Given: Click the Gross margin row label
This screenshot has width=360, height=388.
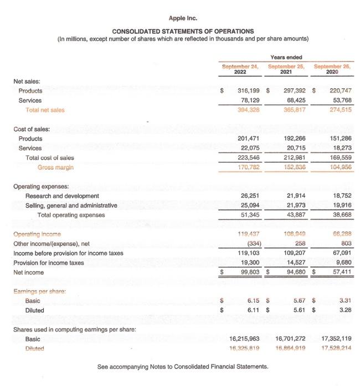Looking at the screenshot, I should (x=55, y=167).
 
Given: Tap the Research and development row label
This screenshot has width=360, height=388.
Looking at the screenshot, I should (x=62, y=196).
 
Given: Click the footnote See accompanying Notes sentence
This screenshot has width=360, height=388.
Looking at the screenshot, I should (x=182, y=367).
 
